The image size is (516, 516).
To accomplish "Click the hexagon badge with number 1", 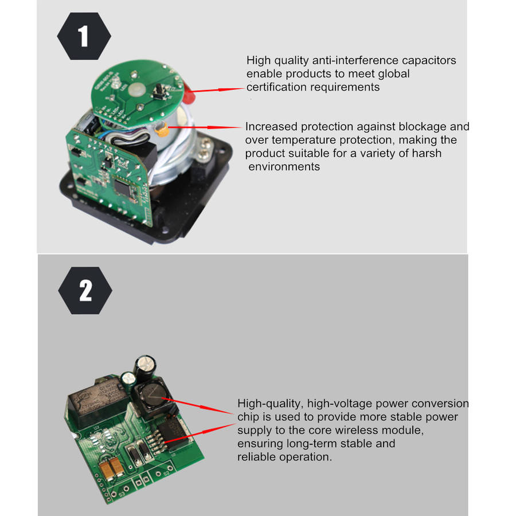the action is click(84, 36).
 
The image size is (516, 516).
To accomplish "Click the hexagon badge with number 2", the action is click(85, 290).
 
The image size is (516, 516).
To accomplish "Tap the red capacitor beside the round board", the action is click(189, 92).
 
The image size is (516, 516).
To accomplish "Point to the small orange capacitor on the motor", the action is click(163, 130).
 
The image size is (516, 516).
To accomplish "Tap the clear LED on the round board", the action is click(115, 84).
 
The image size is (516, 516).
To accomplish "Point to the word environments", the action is click(284, 166).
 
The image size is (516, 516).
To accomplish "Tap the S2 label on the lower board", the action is click(166, 473).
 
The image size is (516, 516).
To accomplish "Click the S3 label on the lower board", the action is click(122, 494).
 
